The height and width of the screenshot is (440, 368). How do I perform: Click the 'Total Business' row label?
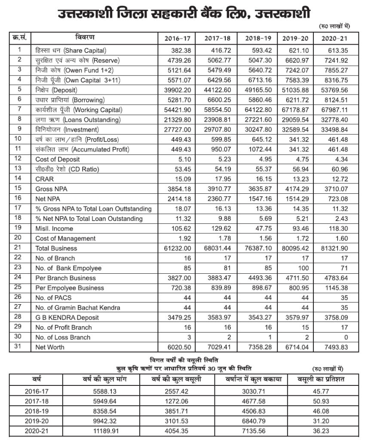[x=56, y=248]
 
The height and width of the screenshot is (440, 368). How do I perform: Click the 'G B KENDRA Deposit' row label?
[x=67, y=318]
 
